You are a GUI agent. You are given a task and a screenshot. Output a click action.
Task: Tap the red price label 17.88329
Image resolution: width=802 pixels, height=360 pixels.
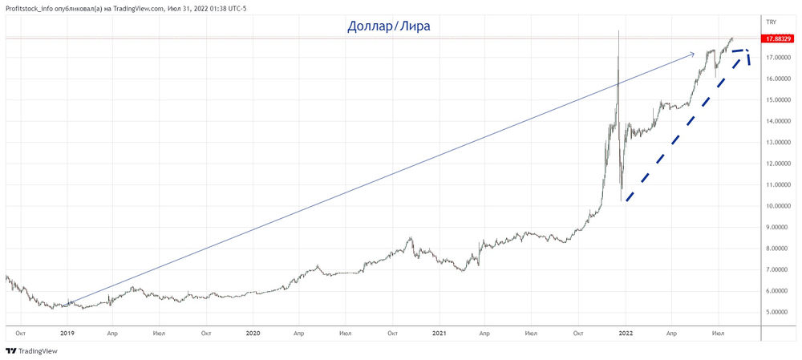tap(780, 38)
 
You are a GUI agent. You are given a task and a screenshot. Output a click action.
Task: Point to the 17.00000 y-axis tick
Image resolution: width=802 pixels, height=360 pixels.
tap(780, 58)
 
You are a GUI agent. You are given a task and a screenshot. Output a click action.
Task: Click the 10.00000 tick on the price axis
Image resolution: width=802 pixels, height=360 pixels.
tap(780, 206)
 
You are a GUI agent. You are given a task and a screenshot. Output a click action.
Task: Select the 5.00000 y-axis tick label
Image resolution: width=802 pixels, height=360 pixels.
tap(780, 312)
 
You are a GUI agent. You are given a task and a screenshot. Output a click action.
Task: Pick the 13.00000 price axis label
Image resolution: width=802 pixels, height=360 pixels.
tap(780, 143)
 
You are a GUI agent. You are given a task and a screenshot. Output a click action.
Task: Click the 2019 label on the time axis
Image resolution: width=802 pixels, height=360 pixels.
tap(67, 332)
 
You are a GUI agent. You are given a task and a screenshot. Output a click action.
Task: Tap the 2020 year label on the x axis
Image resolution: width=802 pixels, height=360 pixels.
tap(253, 332)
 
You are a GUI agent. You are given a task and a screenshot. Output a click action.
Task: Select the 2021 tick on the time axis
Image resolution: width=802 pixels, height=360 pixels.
tap(439, 332)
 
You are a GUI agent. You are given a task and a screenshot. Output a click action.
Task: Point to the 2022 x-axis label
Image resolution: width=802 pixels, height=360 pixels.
tap(625, 332)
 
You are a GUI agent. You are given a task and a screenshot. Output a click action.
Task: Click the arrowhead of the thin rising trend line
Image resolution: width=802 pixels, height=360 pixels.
tap(694, 54)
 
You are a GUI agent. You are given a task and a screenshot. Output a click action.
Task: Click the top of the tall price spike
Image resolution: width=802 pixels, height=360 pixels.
tap(618, 30)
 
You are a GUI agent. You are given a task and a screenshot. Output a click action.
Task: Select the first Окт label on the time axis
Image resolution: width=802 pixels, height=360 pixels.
tap(21, 332)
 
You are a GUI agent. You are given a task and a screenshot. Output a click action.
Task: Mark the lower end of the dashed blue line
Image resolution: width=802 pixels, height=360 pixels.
tap(626, 200)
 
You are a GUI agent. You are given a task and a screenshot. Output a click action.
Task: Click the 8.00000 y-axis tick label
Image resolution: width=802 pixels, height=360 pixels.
tap(780, 249)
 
